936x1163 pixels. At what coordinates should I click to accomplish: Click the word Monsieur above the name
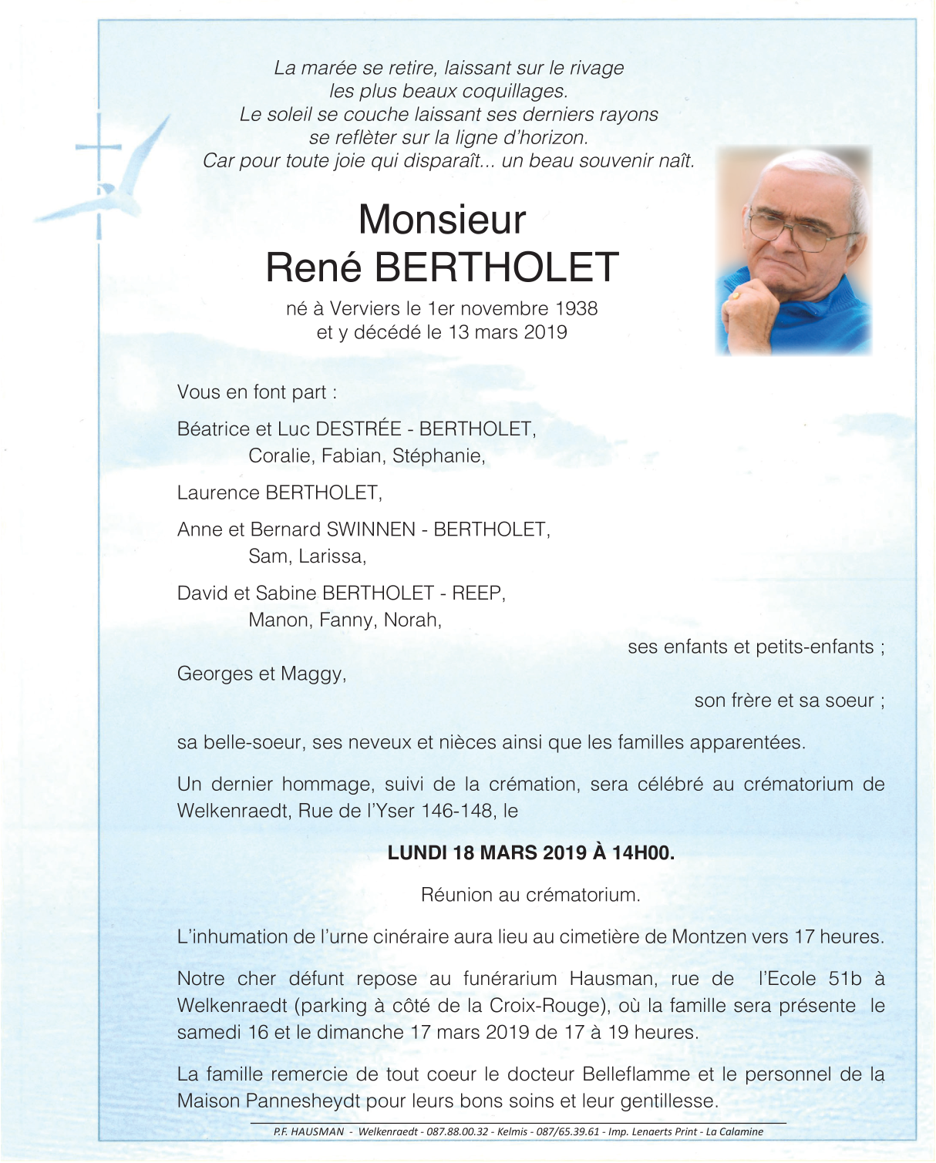[442, 220]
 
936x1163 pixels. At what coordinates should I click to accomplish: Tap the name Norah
[412, 620]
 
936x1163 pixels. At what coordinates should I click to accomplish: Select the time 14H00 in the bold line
[642, 853]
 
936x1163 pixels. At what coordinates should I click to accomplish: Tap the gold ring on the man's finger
[737, 295]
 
